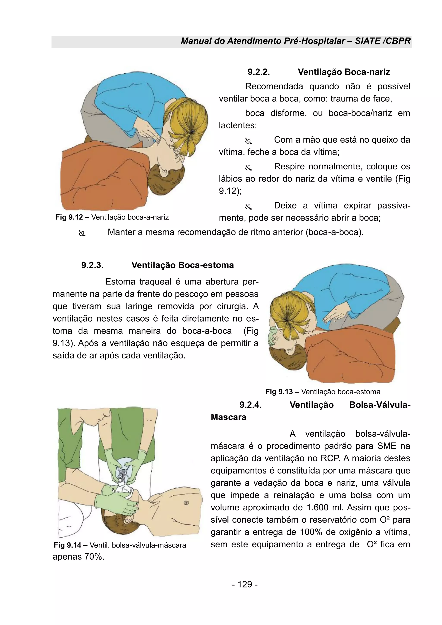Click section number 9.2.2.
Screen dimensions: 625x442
point(259,72)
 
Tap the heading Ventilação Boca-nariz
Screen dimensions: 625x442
point(344,72)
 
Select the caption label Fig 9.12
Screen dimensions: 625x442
point(69,217)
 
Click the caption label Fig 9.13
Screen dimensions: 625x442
point(279,392)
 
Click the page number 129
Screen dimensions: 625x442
point(245,584)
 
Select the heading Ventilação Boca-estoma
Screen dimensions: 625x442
point(183,265)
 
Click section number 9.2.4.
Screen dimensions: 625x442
point(250,405)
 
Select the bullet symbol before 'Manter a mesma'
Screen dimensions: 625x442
point(82,233)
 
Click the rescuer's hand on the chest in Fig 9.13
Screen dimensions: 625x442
point(335,316)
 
